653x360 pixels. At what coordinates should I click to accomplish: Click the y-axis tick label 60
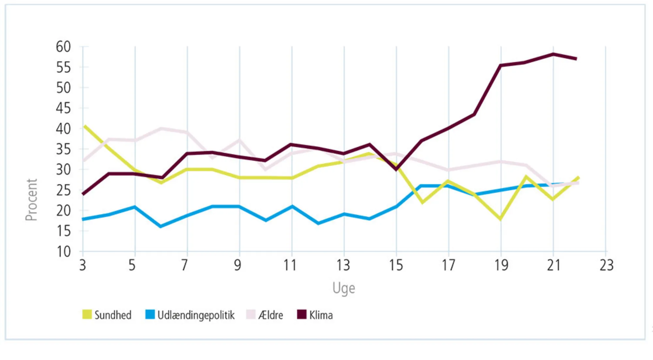coord(63,47)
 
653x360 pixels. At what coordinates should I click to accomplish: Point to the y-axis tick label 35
coord(63,150)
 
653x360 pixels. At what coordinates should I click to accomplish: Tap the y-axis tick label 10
coord(63,252)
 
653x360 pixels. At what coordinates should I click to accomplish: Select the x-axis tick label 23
coord(606,265)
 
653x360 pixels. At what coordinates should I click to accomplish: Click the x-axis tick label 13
coord(343,265)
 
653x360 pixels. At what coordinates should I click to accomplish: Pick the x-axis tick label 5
coord(132,265)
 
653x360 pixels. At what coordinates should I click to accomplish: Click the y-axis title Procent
coord(32,200)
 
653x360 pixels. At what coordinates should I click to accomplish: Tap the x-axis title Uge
coord(343,288)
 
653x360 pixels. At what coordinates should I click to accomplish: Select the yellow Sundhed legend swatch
coord(87,314)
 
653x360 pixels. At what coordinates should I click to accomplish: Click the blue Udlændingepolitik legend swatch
coord(150,314)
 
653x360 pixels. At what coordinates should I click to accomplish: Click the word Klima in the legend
coord(321,315)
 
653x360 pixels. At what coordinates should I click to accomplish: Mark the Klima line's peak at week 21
coord(553,54)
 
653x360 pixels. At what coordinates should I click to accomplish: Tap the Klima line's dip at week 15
coord(396,169)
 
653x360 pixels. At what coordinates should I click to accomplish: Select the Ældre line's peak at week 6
coord(161,129)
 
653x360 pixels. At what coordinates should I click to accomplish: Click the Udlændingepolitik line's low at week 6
coord(161,226)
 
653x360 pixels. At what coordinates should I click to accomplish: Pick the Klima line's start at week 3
coord(84,194)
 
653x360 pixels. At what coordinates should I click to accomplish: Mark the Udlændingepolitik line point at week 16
coord(422,186)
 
